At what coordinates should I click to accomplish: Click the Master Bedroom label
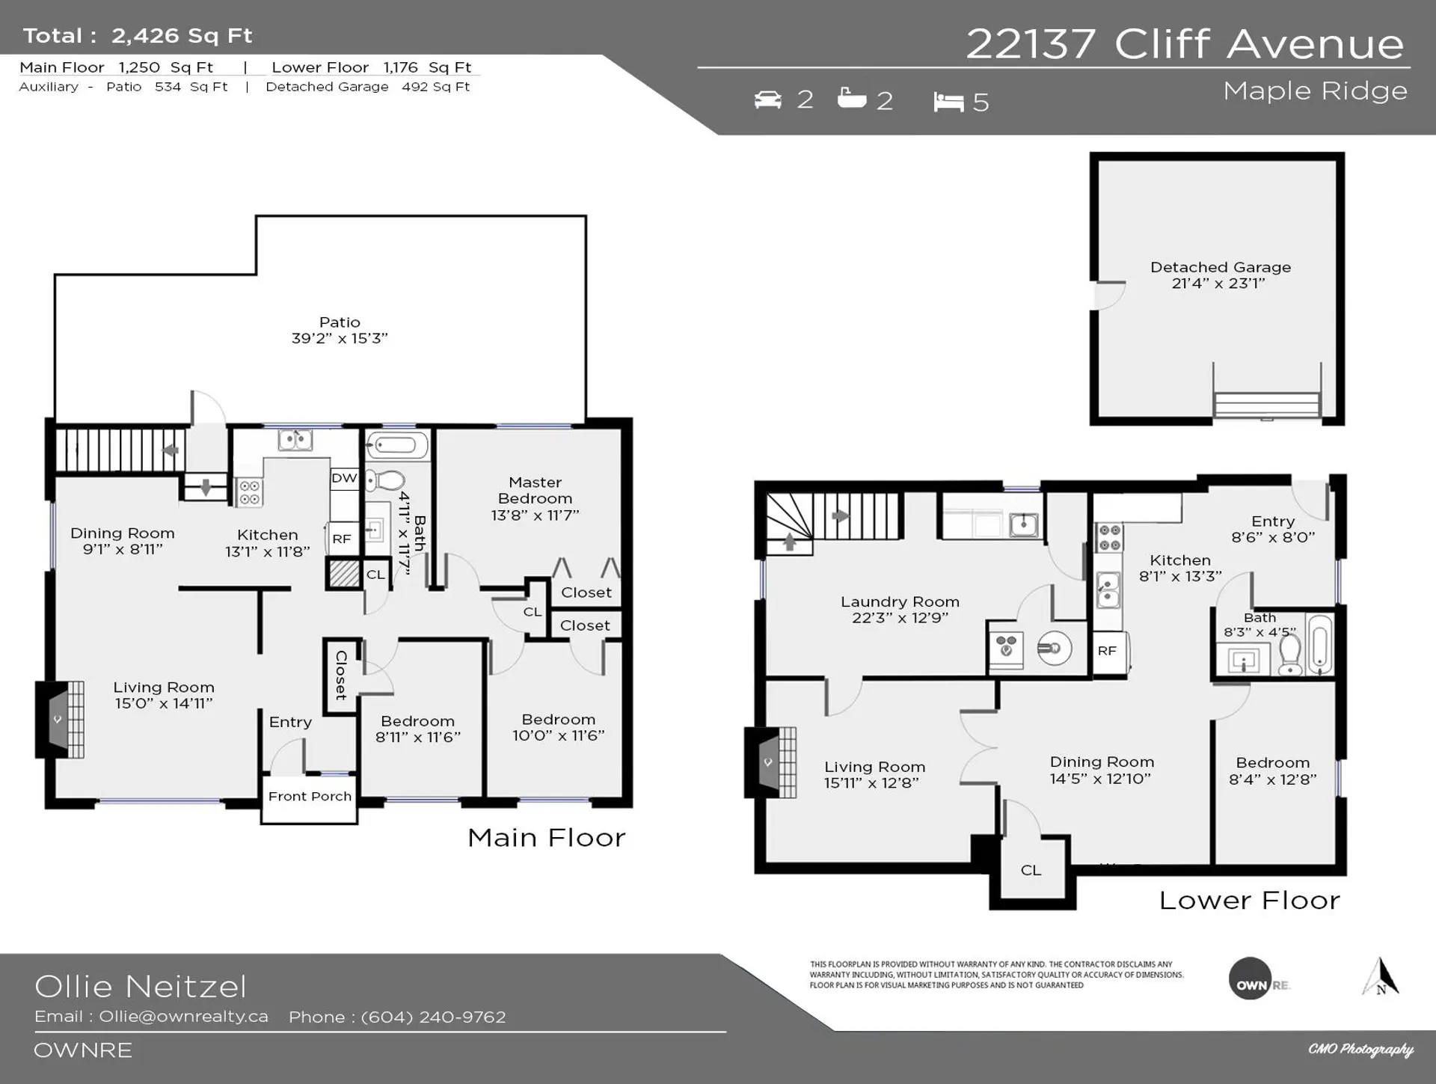(535, 491)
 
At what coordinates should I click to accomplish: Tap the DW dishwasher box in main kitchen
(344, 478)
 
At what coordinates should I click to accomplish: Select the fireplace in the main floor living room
(60, 719)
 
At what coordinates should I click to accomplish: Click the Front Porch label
(310, 797)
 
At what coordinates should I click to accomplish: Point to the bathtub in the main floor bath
(396, 446)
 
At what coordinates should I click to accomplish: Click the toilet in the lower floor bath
(1290, 656)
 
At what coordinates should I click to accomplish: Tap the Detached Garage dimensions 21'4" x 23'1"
(1218, 284)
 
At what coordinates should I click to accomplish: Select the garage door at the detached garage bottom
(1266, 404)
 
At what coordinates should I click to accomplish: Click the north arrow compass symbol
(1381, 977)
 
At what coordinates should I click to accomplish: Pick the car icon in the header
(767, 99)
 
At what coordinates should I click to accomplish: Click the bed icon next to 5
(948, 102)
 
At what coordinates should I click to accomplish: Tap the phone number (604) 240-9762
(433, 1017)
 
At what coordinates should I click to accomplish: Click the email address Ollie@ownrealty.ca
(183, 1017)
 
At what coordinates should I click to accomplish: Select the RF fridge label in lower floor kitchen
(1107, 651)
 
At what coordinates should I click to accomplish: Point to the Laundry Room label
(900, 602)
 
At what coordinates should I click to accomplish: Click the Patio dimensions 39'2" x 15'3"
(340, 338)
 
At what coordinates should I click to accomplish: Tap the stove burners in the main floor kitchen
(250, 492)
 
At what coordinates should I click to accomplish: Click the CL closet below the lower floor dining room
(1031, 870)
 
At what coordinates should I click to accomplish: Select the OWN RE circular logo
(1251, 979)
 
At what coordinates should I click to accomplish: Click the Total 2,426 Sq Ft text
(138, 36)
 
